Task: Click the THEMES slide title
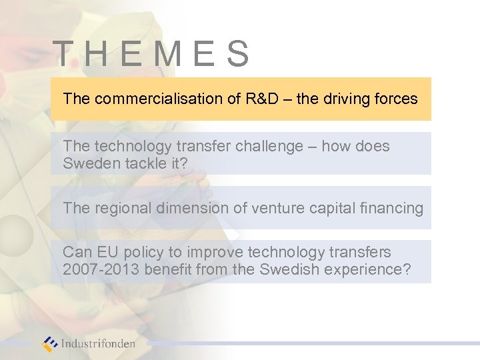(151, 54)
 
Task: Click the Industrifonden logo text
(98, 344)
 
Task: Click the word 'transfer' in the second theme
(188, 146)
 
